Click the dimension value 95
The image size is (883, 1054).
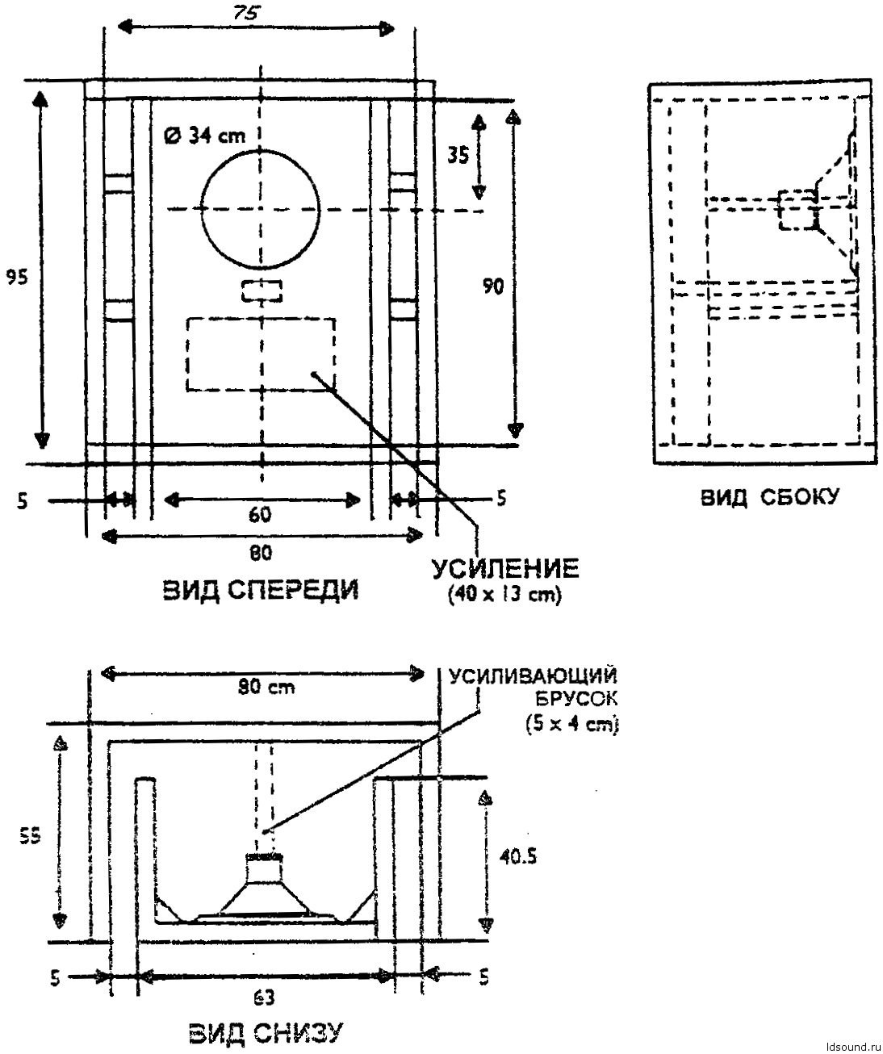click(17, 277)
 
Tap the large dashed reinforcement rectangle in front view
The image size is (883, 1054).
click(261, 353)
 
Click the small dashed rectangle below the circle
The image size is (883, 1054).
click(262, 291)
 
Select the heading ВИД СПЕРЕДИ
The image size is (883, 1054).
click(261, 592)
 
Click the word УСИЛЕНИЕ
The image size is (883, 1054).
click(504, 569)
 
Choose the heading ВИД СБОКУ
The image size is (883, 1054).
click(768, 498)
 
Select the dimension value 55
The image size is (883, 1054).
click(28, 839)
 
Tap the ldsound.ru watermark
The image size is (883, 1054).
click(849, 1044)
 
